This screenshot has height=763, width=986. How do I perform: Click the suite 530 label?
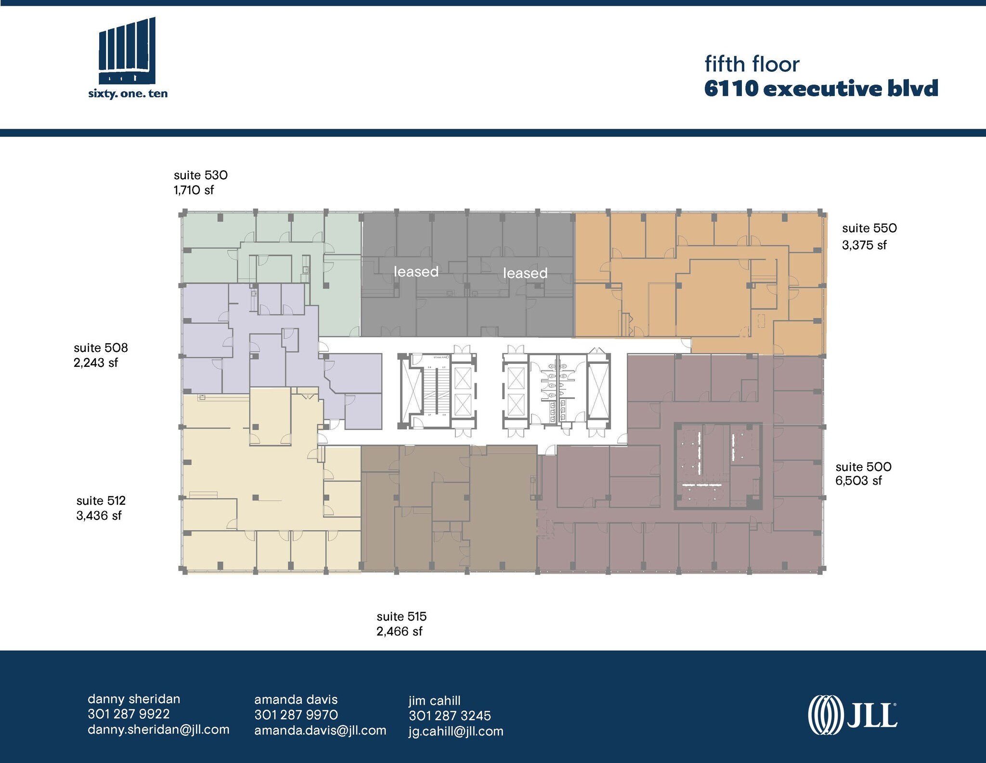200,175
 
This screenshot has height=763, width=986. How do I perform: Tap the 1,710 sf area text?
194,190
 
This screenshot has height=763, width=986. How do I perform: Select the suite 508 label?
101,348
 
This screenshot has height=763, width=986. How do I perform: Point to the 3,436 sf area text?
99,516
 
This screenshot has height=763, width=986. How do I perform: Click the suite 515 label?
402,616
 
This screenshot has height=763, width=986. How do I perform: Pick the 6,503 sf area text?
858,481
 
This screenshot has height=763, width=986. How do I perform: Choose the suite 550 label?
869,228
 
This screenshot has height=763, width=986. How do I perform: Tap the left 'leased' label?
416,272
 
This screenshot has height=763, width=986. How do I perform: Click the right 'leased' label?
525,273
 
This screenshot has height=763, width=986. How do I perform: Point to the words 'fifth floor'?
752,64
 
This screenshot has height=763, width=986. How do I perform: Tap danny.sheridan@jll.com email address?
158,730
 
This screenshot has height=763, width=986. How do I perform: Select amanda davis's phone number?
296,715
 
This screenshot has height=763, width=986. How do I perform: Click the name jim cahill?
435,700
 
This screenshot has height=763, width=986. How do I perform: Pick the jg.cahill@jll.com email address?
456,731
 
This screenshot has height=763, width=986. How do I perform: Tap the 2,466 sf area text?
399,631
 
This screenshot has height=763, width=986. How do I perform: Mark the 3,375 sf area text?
864,245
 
